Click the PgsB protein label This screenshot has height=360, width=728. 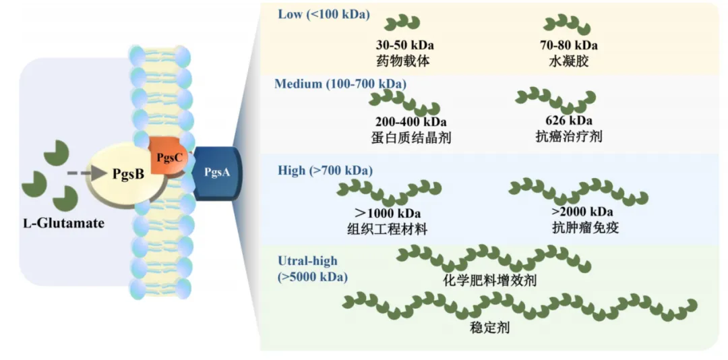coord(128,173)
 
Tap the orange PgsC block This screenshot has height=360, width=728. coord(166,157)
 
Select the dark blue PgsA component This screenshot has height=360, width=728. coord(217,173)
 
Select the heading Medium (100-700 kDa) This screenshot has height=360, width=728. coord(340,84)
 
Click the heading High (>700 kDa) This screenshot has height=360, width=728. coord(325,171)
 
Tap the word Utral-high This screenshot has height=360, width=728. coord(307,261)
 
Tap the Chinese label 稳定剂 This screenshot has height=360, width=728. coord(489,330)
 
